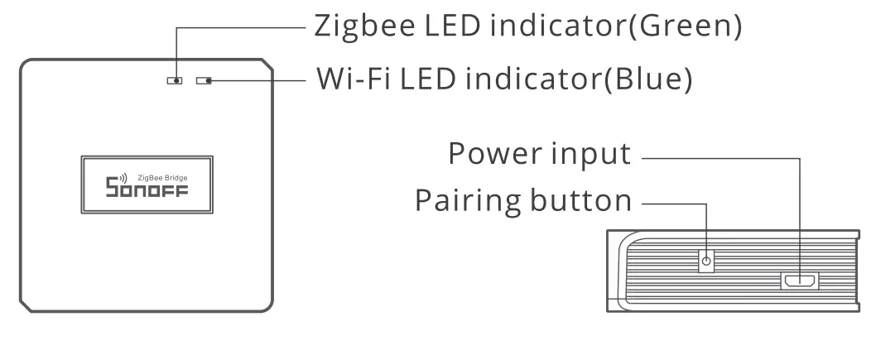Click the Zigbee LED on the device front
tap(176, 81)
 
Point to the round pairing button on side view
tap(706, 262)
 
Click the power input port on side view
tap(800, 281)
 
